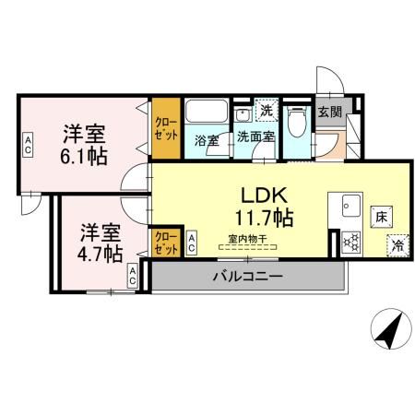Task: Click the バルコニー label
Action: point(246,275)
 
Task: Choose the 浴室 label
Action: point(205,139)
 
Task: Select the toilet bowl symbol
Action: point(297,120)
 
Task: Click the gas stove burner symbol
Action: point(350,243)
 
